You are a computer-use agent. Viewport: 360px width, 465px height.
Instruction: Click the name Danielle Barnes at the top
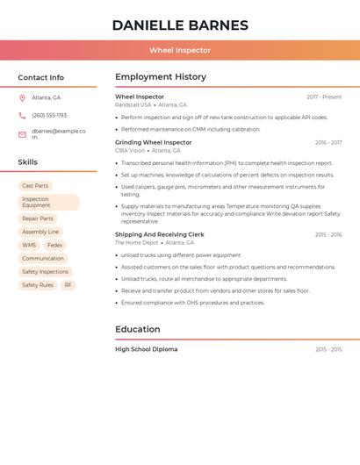coord(180,25)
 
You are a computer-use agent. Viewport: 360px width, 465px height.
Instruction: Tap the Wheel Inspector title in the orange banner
coord(180,50)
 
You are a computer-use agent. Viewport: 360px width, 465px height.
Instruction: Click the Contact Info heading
coord(41,77)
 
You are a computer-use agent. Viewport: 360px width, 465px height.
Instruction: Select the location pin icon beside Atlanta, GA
coord(22,98)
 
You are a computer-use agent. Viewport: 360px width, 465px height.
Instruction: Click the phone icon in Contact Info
coord(22,115)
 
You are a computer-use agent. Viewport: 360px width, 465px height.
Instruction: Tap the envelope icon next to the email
coord(22,134)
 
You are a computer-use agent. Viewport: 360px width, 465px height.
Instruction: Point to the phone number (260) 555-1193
coord(49,115)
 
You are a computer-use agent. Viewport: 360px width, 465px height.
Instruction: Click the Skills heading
coord(28,162)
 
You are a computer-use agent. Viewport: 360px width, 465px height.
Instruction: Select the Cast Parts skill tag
coord(35,186)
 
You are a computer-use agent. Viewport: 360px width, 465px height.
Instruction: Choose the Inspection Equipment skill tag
coord(48,203)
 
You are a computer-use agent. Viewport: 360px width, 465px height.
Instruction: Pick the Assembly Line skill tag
coord(40,232)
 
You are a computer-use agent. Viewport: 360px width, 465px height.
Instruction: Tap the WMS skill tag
coord(29,246)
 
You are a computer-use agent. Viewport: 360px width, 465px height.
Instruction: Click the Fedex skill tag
coord(54,246)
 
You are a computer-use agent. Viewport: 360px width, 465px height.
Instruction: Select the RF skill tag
coord(68,285)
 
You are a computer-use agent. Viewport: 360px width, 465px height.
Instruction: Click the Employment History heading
coord(161,77)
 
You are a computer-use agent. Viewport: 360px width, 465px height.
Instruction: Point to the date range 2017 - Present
coord(324,97)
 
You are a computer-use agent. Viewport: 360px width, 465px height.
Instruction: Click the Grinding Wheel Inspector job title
coord(153,142)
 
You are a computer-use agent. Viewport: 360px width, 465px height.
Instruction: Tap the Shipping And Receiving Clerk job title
coord(159,234)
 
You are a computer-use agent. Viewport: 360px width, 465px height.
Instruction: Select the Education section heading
coord(138,329)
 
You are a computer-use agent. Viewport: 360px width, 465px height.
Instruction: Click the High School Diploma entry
coord(146,349)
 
